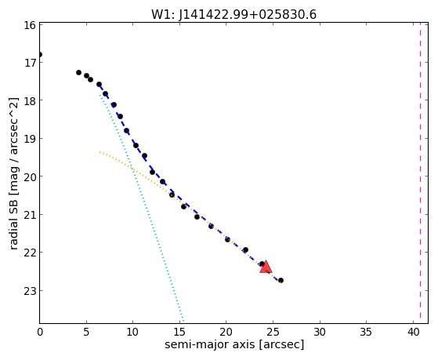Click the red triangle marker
pos(266,267)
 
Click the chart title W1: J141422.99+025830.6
pos(233,15)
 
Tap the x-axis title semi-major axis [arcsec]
pos(234,344)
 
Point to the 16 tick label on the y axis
pos(30,25)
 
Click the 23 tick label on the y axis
pos(30,291)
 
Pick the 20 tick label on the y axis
pos(30,176)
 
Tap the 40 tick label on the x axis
pos(413,332)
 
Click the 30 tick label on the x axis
pos(320,332)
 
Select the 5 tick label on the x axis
pos(86,332)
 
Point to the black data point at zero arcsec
pos(40,54)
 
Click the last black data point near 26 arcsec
pos(281,280)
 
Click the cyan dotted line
pos(142,208)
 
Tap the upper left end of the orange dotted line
pos(100,152)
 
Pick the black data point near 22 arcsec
pos(245,249)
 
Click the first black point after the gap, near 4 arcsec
pos(78,72)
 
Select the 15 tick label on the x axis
pos(179,332)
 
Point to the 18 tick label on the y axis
pos(30,100)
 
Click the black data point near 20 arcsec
pos(227,239)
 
